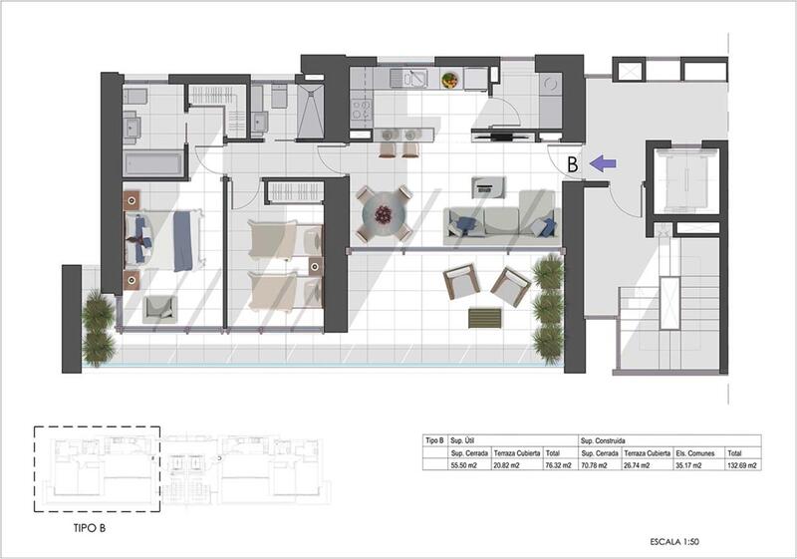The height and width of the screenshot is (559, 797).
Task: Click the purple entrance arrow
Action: (x=604, y=161)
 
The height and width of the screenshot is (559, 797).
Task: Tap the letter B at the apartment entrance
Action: (x=573, y=162)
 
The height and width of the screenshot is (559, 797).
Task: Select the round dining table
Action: (x=385, y=213)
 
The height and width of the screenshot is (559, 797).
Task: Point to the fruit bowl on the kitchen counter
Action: (x=451, y=79)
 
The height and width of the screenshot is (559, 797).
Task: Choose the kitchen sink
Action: (x=408, y=78)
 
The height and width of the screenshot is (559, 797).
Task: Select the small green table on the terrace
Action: (x=485, y=317)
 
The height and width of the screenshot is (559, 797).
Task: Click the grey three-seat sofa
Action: (x=500, y=222)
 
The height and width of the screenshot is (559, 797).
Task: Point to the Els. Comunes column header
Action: (x=693, y=452)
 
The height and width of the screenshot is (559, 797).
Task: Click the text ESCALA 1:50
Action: (x=673, y=541)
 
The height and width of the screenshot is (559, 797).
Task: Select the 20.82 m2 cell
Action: (x=517, y=465)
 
